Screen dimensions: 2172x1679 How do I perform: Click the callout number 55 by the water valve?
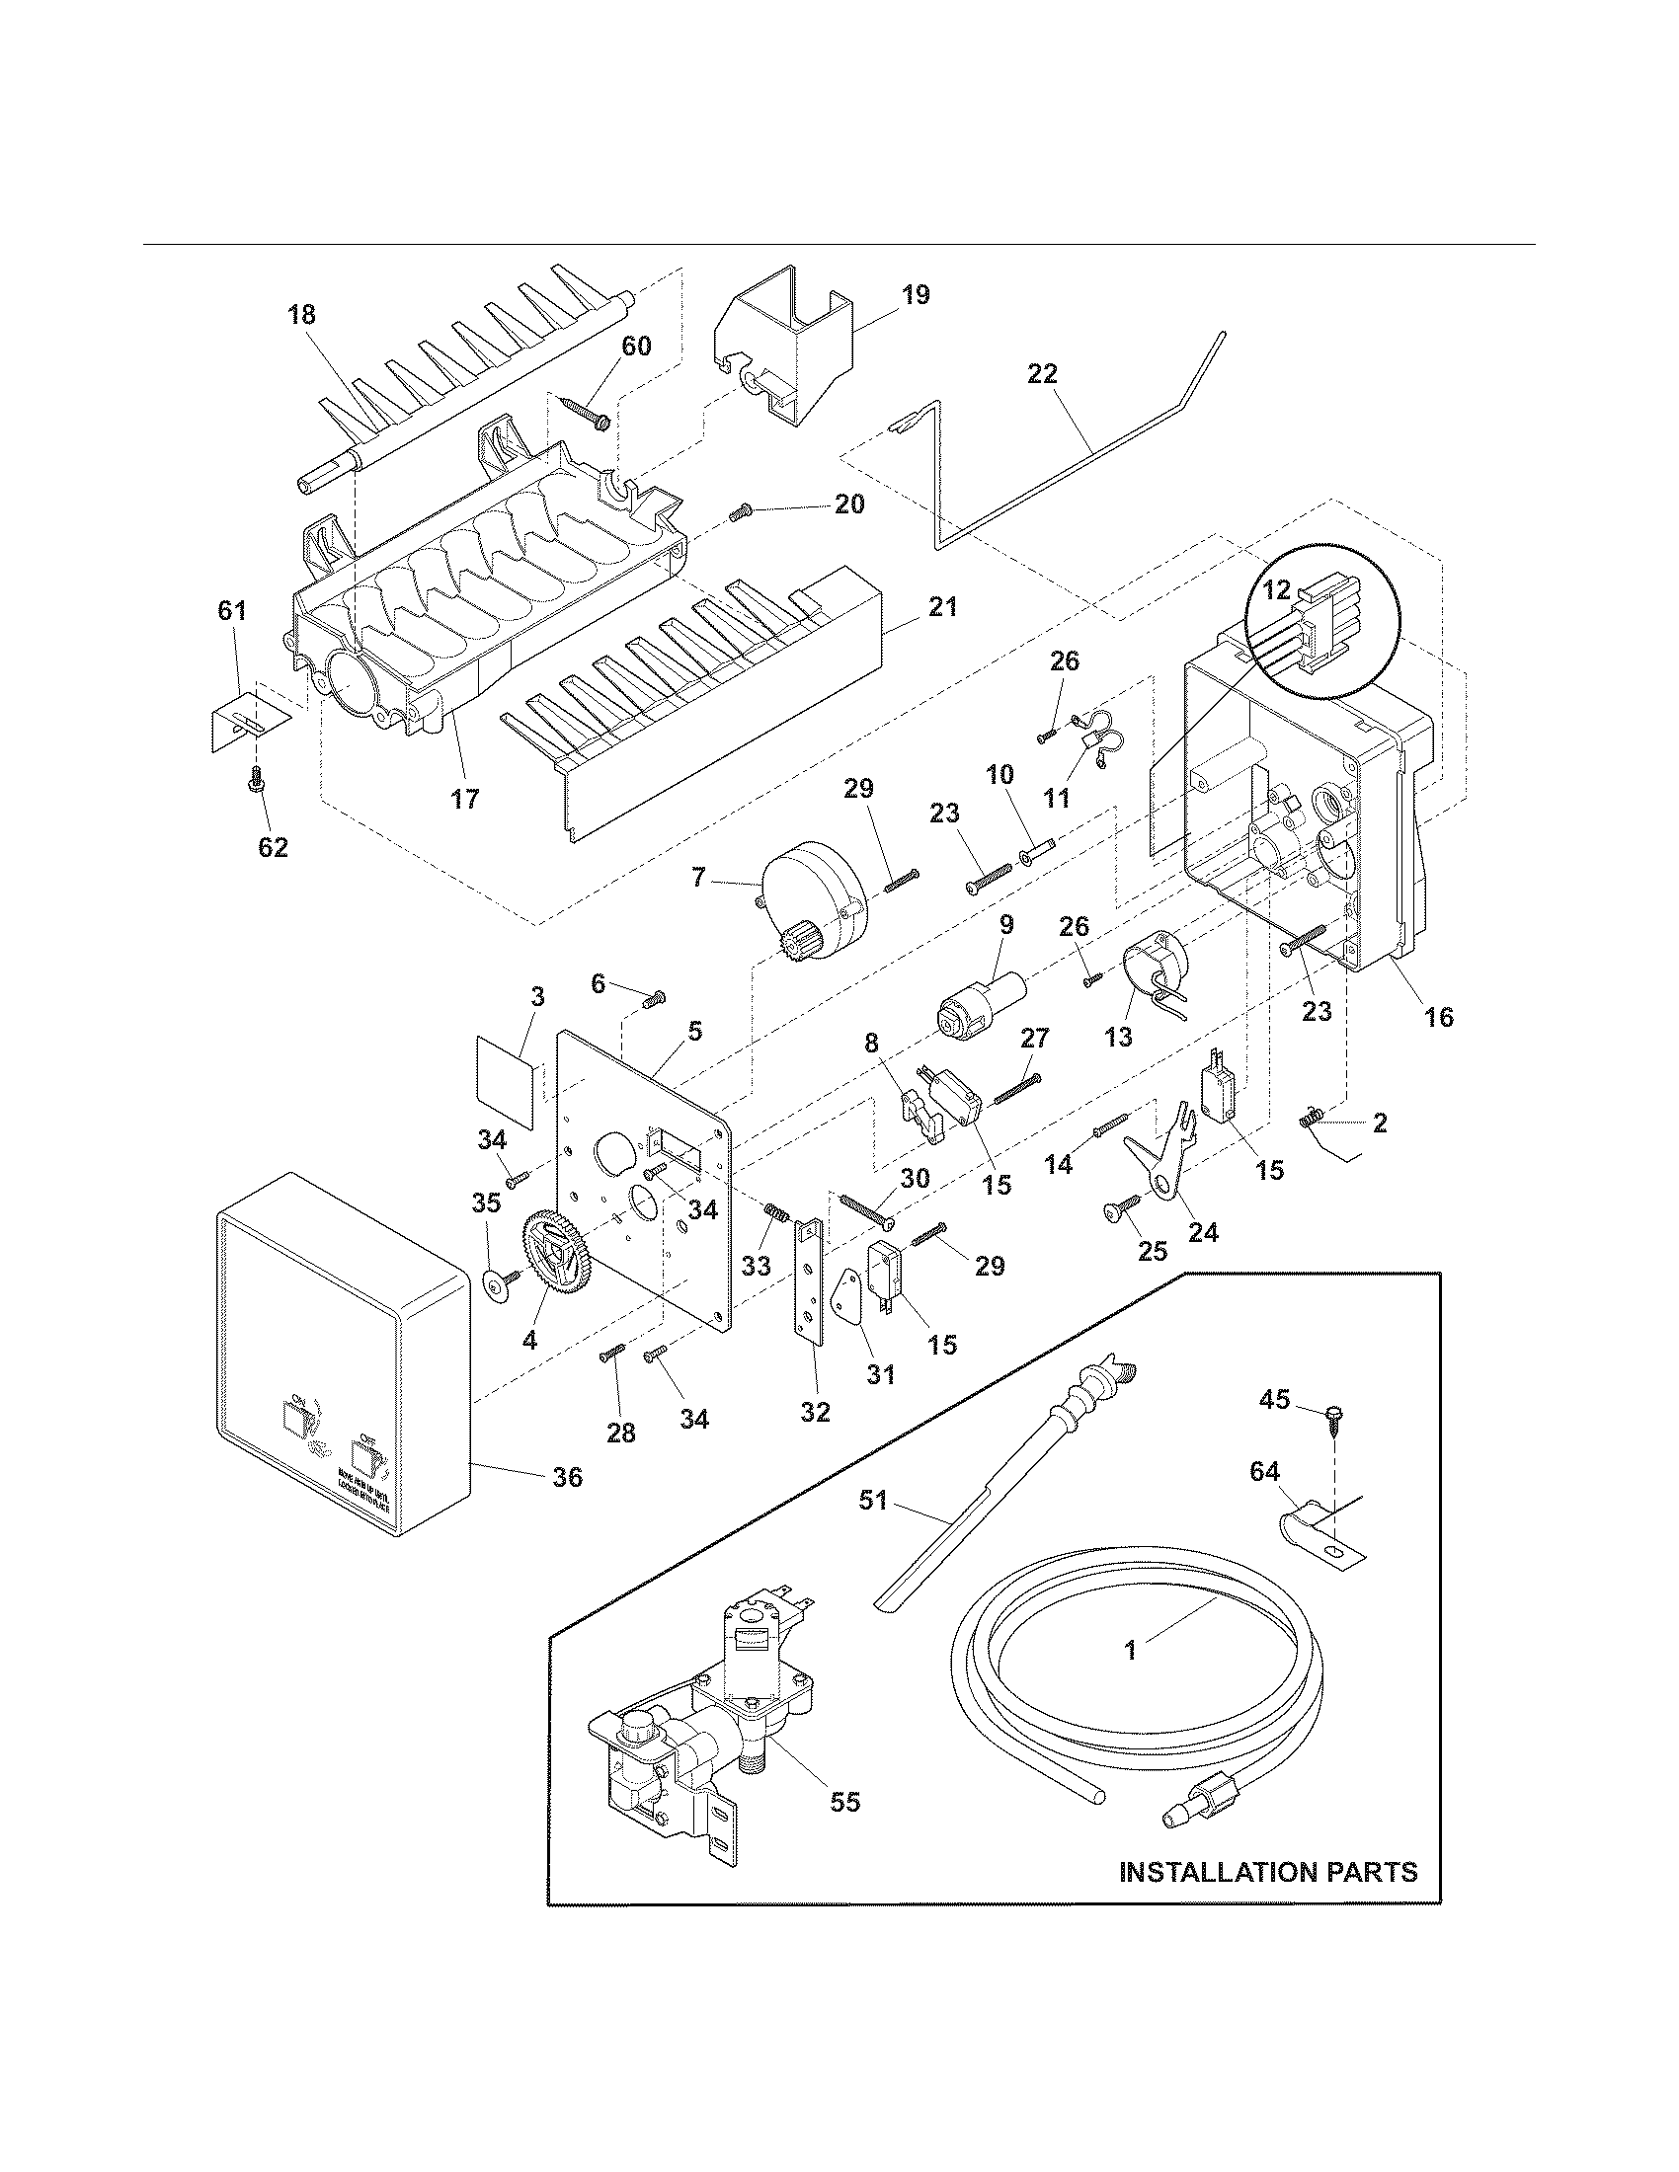[844, 1801]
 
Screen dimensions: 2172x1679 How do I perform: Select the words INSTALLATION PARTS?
[1268, 1872]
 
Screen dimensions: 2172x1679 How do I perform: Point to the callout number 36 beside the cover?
[567, 1505]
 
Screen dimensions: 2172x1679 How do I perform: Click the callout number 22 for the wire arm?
[1042, 374]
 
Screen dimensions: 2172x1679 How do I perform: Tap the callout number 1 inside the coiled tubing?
[1130, 1651]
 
